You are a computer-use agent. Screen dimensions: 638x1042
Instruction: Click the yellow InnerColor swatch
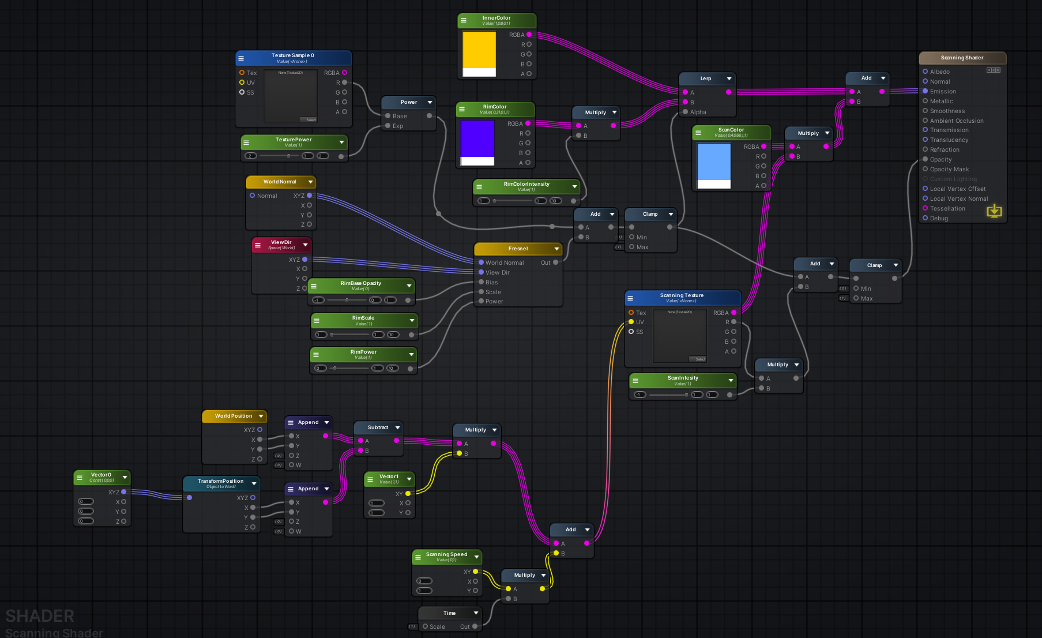pos(479,50)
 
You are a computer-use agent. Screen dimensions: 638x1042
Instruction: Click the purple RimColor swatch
pos(477,138)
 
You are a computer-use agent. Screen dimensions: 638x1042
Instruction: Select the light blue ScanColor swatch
pos(714,162)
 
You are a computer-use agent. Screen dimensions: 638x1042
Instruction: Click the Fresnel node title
pos(517,249)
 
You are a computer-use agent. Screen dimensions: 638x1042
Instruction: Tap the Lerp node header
pos(705,78)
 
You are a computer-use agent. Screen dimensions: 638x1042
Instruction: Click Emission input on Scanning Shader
pos(942,91)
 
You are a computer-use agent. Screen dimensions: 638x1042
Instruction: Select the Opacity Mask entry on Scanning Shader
pos(949,169)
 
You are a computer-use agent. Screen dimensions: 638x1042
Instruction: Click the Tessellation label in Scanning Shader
pos(947,208)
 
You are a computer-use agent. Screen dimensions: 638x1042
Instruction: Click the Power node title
pos(408,102)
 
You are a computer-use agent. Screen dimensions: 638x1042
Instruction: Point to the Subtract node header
pos(378,427)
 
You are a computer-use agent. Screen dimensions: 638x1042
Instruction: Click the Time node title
pos(449,613)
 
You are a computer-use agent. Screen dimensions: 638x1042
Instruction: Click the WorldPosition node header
pos(234,416)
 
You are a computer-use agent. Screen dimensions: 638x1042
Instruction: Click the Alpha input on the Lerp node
pos(697,112)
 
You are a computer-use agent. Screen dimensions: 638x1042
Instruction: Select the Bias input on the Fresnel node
pos(491,282)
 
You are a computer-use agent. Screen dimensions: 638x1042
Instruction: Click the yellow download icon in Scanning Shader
pos(994,211)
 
